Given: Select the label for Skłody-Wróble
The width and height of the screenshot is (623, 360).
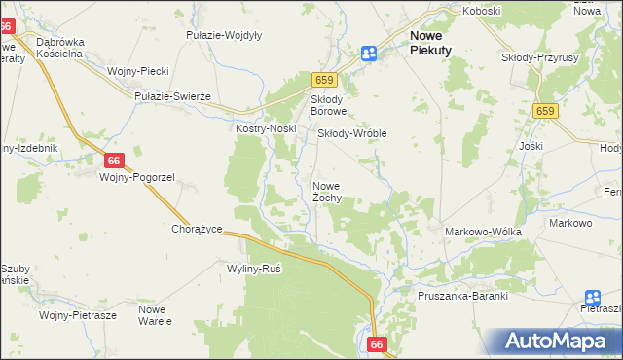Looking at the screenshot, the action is click(x=352, y=133).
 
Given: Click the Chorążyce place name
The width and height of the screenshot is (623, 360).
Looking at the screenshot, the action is click(x=198, y=229).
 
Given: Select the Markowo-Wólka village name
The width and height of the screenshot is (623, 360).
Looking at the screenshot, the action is click(x=483, y=232).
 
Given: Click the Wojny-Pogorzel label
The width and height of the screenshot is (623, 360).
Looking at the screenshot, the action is click(x=136, y=177).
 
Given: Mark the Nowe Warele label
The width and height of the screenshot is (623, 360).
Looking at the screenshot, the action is click(x=155, y=315).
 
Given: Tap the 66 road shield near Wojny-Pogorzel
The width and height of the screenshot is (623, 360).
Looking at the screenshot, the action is click(x=114, y=161).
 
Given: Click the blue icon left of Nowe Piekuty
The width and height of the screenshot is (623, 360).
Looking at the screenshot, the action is click(x=369, y=54).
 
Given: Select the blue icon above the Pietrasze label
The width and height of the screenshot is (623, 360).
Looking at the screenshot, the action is click(x=593, y=298).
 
